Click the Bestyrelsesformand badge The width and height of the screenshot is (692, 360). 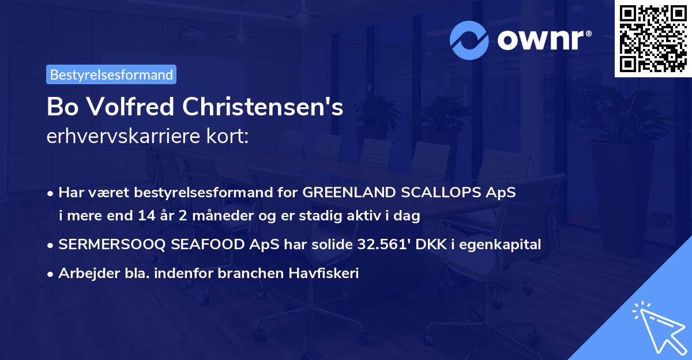[x=111, y=74]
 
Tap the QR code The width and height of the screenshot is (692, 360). [x=653, y=39]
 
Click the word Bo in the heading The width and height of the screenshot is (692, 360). [x=60, y=107]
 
